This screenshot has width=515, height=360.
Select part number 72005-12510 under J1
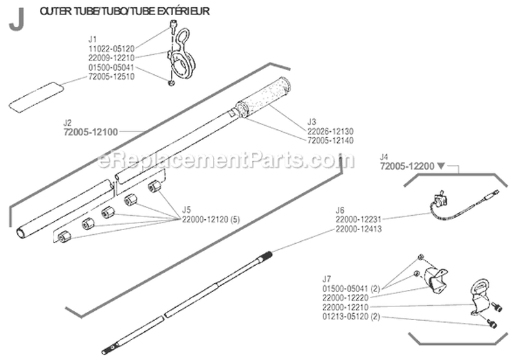pyautogui.click(x=112, y=76)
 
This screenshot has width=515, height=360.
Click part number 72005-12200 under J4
pyautogui.click(x=406, y=166)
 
